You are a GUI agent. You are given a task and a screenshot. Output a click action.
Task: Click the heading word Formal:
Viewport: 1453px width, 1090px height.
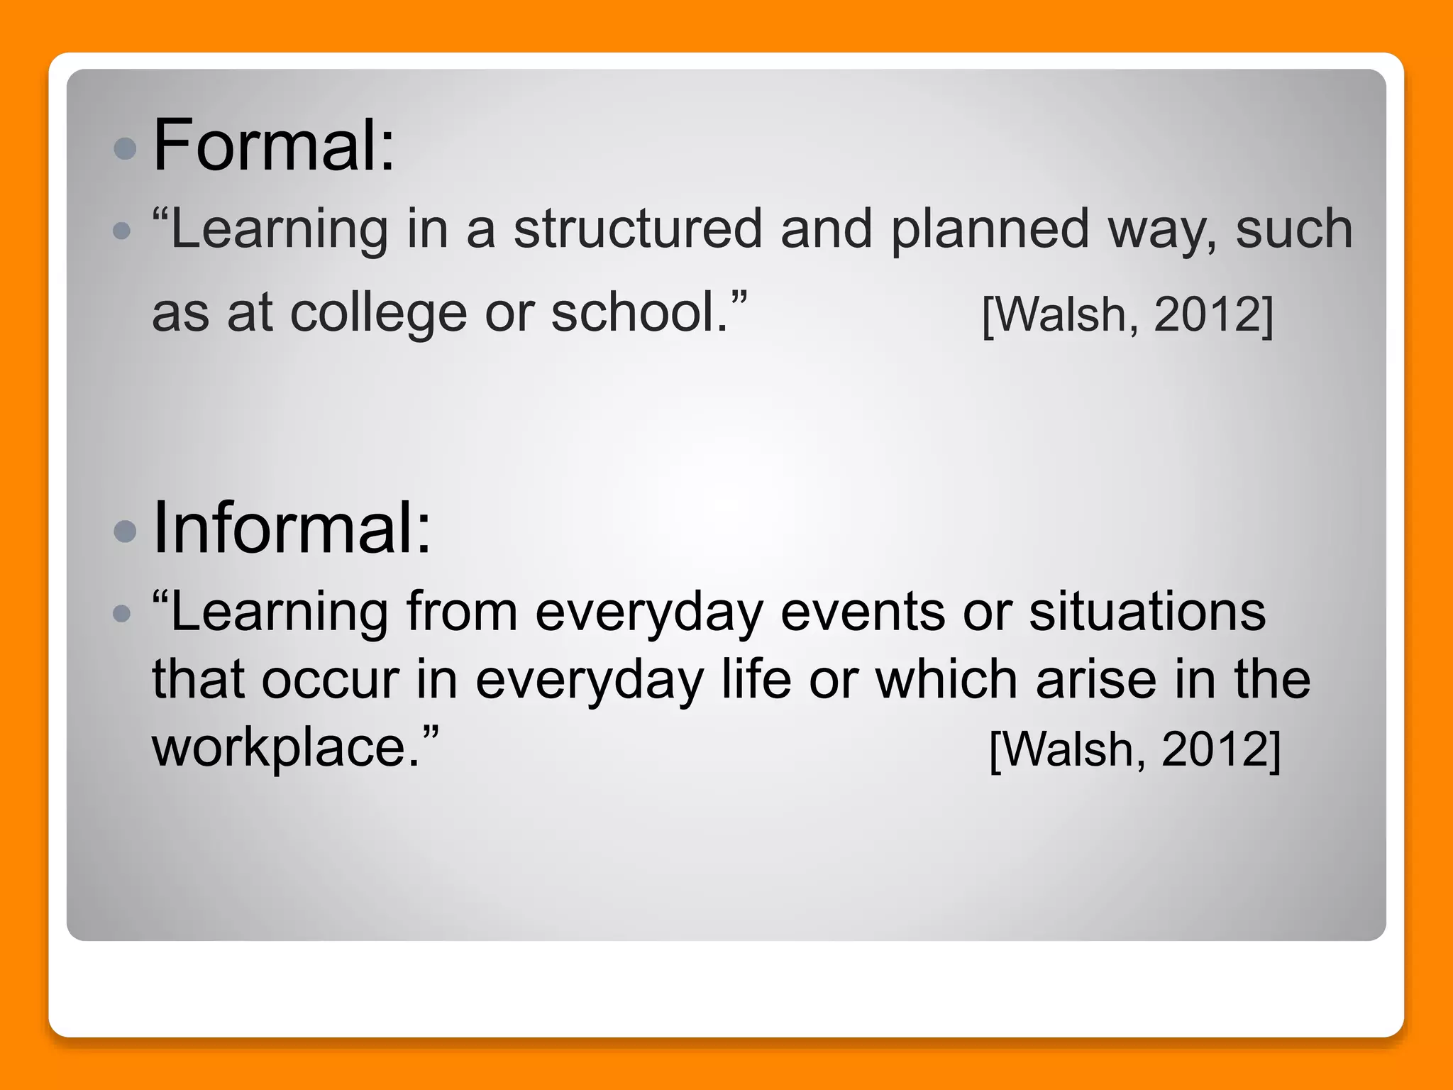click(273, 145)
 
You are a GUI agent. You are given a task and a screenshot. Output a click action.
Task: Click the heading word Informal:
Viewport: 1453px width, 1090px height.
click(292, 528)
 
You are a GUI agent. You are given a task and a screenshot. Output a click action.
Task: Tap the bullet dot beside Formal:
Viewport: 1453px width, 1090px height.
click(125, 148)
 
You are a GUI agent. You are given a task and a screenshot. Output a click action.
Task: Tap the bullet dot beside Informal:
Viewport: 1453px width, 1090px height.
click(125, 531)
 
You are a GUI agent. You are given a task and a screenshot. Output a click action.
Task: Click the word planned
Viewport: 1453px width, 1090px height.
click(990, 231)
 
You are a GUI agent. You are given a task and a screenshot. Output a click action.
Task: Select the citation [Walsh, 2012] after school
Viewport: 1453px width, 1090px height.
click(1128, 314)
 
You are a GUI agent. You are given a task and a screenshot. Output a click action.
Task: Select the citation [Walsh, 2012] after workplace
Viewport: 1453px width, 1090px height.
click(1135, 749)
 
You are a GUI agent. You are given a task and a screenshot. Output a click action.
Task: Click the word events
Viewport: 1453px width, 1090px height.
click(863, 612)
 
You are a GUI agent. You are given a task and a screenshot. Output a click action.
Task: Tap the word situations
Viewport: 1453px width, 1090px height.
click(1147, 612)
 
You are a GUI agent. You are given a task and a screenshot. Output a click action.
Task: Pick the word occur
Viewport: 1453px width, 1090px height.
click(331, 680)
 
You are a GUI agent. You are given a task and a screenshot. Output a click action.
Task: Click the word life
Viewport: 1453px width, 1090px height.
click(756, 679)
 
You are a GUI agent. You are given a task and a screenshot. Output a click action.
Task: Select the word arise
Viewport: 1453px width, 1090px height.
click(1096, 679)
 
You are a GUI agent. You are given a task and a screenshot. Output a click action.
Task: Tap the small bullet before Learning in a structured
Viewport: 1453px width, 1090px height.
click(122, 231)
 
